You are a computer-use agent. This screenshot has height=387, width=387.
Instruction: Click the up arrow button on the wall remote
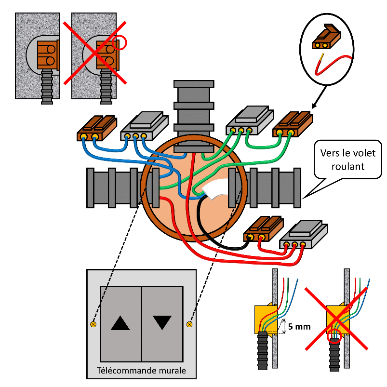tap(120, 323)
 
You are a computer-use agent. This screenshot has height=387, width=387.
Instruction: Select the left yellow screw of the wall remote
tap(93, 324)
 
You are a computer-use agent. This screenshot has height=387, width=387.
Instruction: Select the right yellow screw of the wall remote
tap(189, 324)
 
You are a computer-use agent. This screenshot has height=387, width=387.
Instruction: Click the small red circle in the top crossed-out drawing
tap(120, 43)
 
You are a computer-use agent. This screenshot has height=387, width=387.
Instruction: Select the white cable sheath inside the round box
tap(215, 190)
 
